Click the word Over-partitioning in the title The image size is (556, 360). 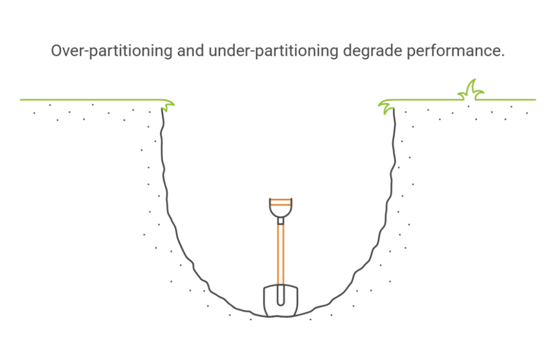pos(112,51)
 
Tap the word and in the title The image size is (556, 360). pos(191,50)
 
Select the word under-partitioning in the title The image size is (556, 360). pos(274,51)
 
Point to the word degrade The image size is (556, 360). pos(372,51)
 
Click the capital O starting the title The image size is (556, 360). pos(56,50)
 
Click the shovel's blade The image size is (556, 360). pos(281,300)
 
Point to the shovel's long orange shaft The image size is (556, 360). pos(281,254)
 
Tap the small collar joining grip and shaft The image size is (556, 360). pos(281,221)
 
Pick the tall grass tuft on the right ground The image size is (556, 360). pos(471,91)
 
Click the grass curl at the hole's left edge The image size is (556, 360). pos(167,105)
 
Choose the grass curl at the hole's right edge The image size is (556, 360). pos(386,106)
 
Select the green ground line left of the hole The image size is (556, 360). pos(91,100)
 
